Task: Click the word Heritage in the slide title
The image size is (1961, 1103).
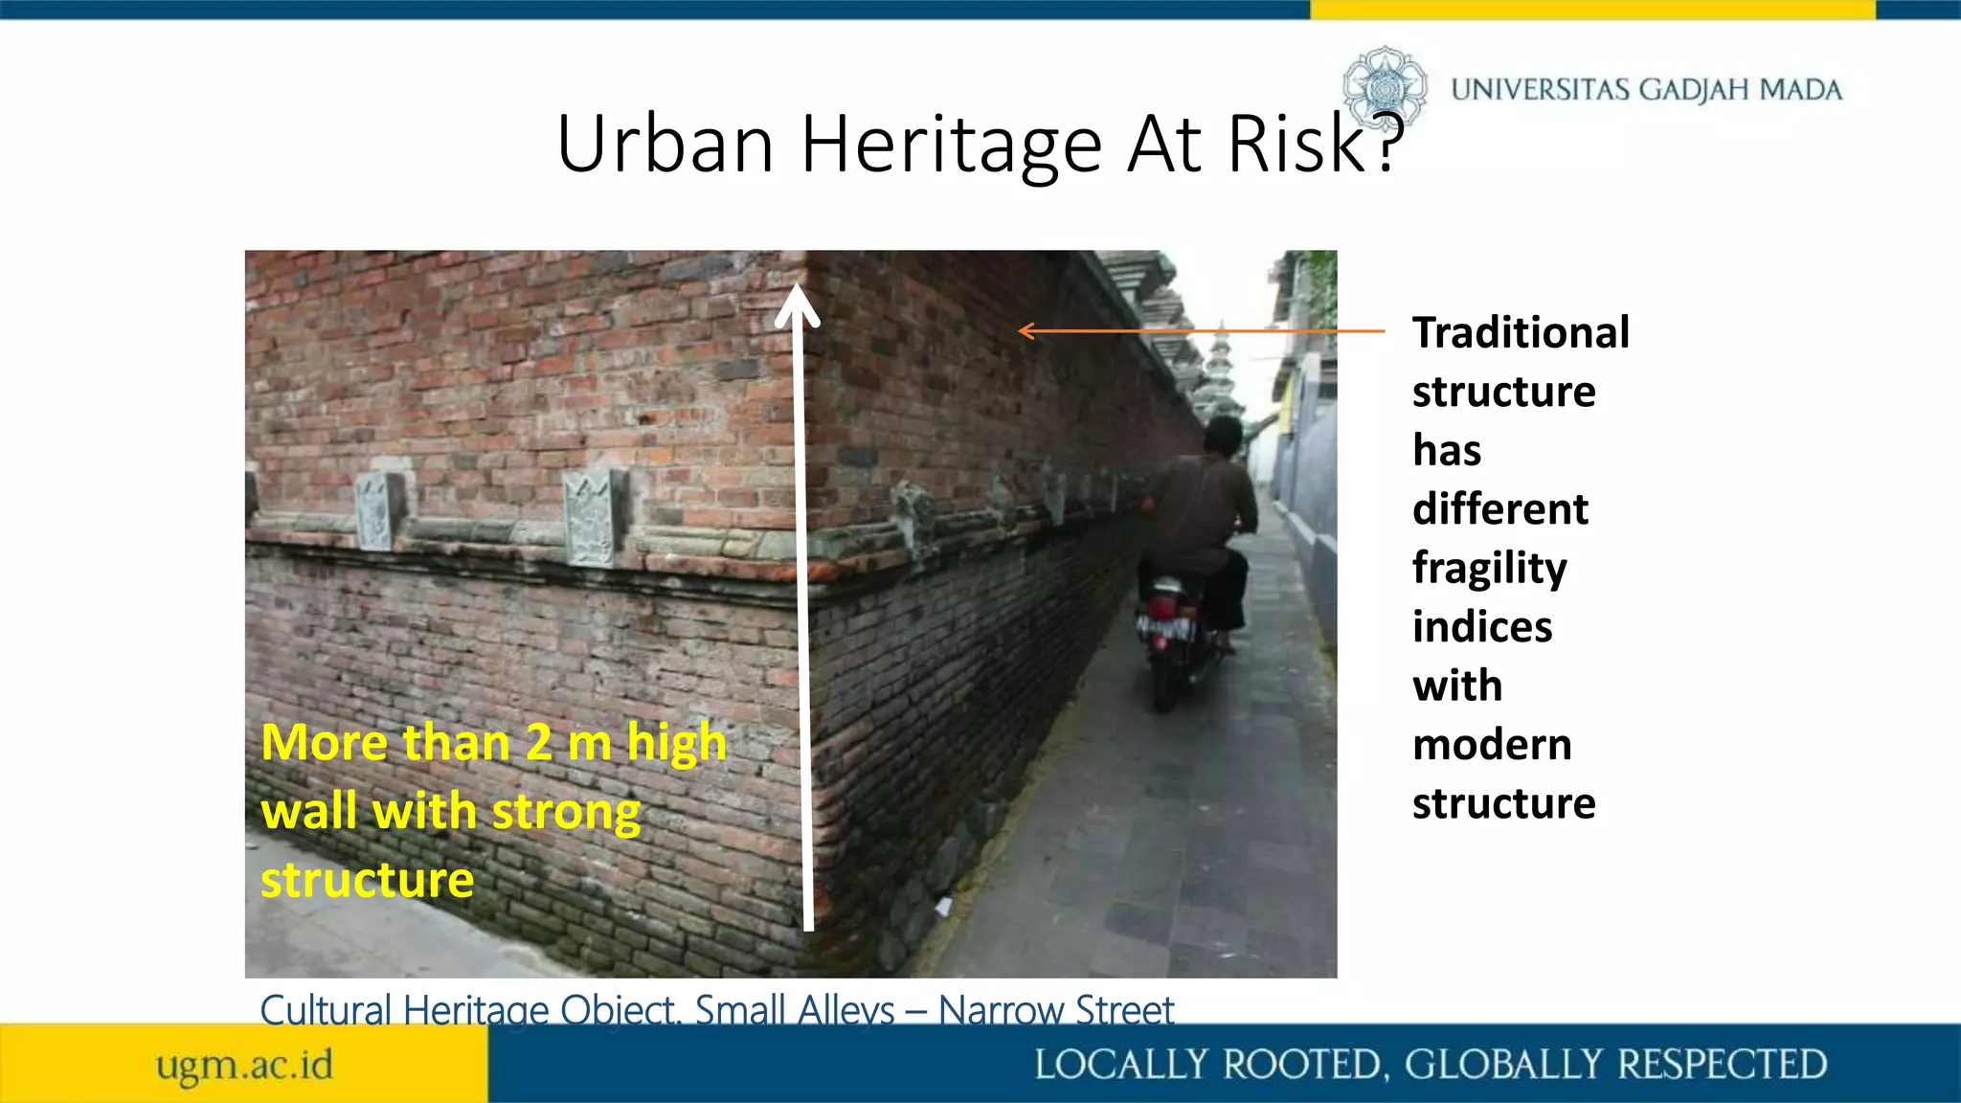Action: [x=952, y=146]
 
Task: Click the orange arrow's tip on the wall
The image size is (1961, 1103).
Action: [x=1023, y=331]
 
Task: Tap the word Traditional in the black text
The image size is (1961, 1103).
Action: [x=1521, y=333]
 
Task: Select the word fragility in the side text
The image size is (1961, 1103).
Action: [x=1489, y=569]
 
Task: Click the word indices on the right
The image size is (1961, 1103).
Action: [x=1482, y=627]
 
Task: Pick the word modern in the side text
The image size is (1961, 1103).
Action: [x=1492, y=745]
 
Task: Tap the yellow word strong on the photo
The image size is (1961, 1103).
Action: [x=566, y=812]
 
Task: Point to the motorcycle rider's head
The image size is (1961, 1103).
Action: [x=1223, y=437]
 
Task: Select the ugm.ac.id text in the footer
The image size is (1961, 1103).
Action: [x=245, y=1065]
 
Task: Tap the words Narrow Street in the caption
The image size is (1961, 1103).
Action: [x=1055, y=1010]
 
